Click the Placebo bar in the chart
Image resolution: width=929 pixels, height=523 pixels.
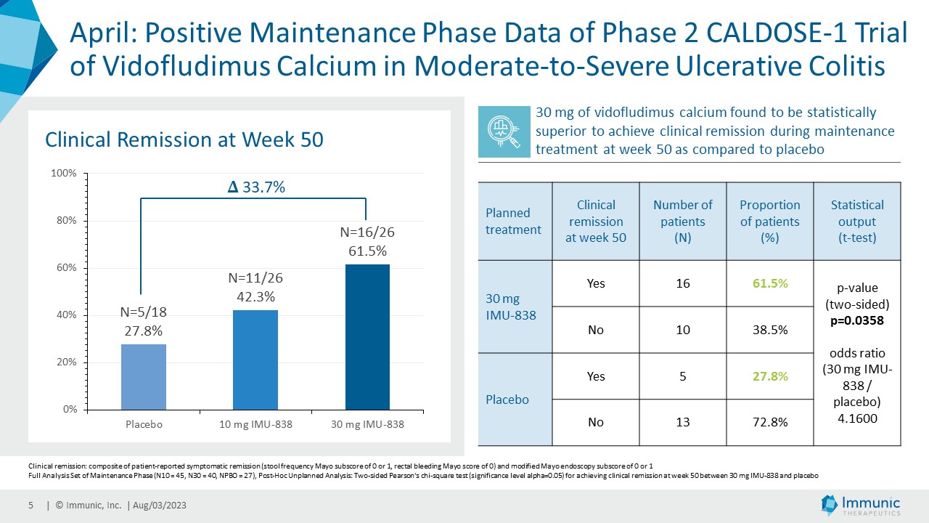click(x=144, y=377)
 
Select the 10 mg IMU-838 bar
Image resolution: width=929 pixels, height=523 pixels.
click(x=255, y=360)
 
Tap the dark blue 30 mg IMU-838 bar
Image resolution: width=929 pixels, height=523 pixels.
click(x=367, y=337)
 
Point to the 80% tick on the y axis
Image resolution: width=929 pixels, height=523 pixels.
click(x=67, y=220)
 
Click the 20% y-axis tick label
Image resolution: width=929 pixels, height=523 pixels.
click(x=67, y=362)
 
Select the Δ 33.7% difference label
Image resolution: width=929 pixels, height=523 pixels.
click(x=256, y=187)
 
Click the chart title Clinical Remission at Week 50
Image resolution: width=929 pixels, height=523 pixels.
click(x=184, y=139)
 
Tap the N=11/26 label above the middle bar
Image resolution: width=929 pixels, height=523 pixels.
click(x=255, y=277)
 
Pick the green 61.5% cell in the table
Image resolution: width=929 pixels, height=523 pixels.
click(x=770, y=283)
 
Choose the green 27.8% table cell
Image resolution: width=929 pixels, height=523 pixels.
click(x=770, y=376)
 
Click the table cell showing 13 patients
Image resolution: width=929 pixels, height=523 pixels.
click(x=683, y=422)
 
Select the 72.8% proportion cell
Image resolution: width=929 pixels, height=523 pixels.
click(x=770, y=422)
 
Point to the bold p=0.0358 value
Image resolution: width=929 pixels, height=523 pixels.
click(x=857, y=320)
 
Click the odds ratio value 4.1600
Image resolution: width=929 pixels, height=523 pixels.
click(x=857, y=418)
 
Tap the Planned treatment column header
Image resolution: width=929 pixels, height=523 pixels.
click(x=513, y=222)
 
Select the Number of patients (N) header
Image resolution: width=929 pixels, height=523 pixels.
click(x=683, y=222)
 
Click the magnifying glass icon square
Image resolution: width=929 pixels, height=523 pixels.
click(x=504, y=131)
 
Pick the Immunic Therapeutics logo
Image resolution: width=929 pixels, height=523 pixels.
click(x=860, y=505)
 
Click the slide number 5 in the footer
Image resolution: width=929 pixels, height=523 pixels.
click(x=30, y=505)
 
